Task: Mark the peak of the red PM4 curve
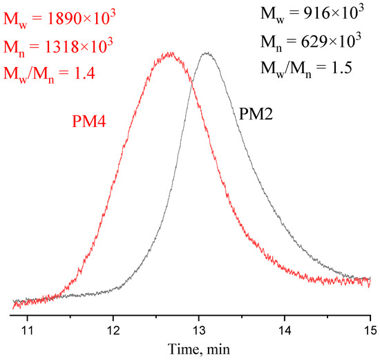[x=169, y=54]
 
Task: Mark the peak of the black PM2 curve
[x=206, y=53]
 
